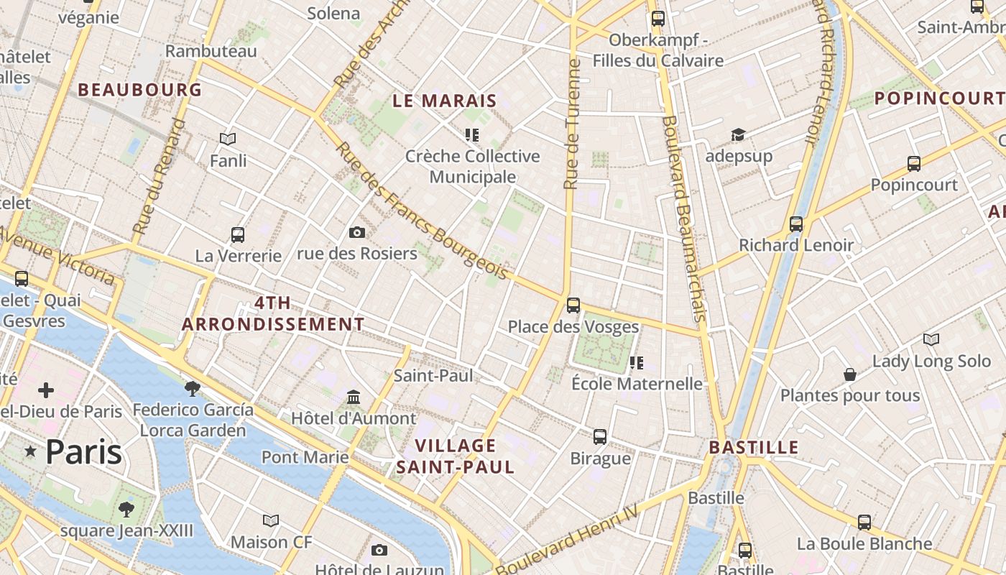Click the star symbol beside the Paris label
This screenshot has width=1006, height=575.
click(30, 451)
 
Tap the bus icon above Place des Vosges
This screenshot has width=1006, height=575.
click(573, 305)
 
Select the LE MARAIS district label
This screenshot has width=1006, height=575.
click(445, 101)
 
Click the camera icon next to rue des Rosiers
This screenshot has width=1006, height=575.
click(356, 232)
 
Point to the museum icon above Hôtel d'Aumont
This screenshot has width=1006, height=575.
click(353, 397)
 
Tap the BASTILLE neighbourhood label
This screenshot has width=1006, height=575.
click(754, 447)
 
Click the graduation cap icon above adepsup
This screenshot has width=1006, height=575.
click(738, 135)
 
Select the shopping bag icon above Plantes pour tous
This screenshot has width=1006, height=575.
click(849, 374)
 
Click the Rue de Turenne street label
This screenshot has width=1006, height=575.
click(572, 124)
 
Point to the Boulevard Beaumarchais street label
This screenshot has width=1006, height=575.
click(683, 219)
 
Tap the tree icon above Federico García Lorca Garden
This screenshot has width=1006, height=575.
click(192, 388)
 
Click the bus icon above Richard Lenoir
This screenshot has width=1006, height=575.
click(795, 224)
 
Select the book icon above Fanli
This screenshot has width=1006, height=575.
click(228, 139)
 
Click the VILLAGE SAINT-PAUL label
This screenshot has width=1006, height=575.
click(456, 456)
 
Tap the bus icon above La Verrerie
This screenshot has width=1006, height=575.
click(238, 234)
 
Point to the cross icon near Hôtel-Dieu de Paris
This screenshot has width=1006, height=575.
click(46, 390)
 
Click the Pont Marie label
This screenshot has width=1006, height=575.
click(305, 457)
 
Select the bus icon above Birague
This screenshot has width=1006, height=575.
click(600, 436)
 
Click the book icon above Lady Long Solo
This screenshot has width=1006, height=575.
click(931, 339)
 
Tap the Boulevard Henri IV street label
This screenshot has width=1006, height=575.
click(568, 539)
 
